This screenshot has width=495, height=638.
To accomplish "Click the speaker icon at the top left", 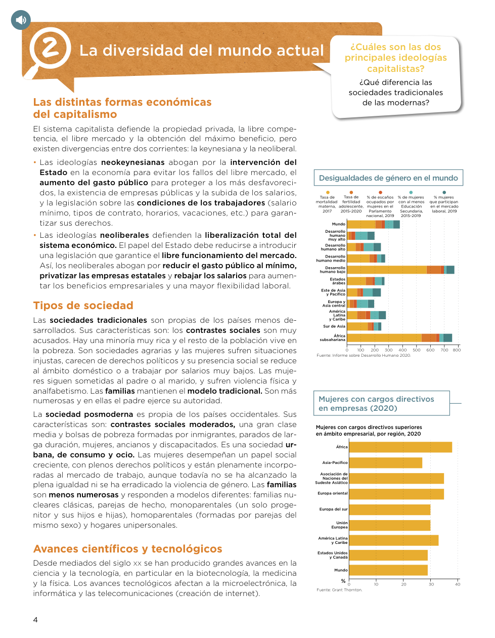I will coord(21,20).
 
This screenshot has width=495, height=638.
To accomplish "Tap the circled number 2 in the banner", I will coord(50,49).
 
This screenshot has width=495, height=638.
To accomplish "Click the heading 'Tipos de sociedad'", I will coord(83,306).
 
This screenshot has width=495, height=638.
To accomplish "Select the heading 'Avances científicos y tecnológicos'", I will coord(127,549).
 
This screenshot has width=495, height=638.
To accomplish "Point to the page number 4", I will coord(35,620).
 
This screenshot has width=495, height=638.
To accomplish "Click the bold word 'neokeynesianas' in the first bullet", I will coord(132,162).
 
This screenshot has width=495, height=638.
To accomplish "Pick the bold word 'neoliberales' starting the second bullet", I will coord(124,235).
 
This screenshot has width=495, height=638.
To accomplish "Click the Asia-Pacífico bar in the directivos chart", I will coord(385,462).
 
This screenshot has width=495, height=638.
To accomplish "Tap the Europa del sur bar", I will coord(389,509).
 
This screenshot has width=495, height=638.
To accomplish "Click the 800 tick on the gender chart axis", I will coord(457,350).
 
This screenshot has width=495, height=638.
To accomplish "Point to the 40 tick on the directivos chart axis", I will coord(458,584).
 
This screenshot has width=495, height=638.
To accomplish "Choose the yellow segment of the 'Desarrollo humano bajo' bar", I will coord(387,270).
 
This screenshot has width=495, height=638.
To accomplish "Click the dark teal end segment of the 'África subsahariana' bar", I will coord(447,338).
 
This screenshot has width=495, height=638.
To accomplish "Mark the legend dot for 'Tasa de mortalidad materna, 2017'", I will coord(328,192).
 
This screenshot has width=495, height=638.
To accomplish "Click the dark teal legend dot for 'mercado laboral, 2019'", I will coord(444,192).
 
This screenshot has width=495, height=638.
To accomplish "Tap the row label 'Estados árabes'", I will coord(338,281).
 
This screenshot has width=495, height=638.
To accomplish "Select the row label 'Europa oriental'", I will coord(333,493).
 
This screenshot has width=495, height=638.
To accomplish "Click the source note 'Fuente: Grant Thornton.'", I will coord(339,590).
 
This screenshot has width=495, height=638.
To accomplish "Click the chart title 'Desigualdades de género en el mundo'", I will coord(388,178).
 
